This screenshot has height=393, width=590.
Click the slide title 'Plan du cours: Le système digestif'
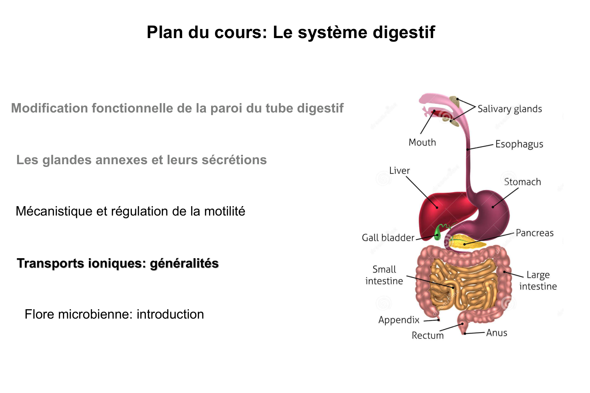[290, 32]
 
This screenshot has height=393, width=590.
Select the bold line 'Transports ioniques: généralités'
[118, 263]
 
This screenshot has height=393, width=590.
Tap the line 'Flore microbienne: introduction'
[114, 314]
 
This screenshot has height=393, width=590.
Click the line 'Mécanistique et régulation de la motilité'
[130, 211]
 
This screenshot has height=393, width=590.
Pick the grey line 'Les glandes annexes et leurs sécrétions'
[142, 160]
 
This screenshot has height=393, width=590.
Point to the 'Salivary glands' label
[510, 109]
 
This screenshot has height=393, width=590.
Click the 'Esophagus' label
[519, 144]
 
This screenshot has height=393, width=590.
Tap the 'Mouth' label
[422, 143]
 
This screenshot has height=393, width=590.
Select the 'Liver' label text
[400, 171]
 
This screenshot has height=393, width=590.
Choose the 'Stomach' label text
[523, 182]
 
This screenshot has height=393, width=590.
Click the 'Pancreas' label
[534, 233]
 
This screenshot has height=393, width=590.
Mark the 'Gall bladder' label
[388, 238]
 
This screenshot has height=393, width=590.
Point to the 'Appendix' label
[399, 320]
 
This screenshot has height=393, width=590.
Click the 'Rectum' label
[427, 335]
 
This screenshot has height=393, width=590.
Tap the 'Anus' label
[497, 333]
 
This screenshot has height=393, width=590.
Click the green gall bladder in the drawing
[437, 233]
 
